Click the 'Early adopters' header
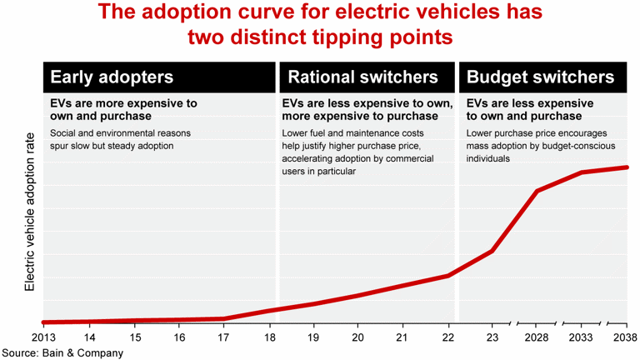pos(112,77)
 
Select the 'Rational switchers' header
pos(362,77)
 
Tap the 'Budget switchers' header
pos(541,77)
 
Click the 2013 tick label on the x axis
pos(43,337)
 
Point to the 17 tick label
pos(224,337)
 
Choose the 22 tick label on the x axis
pos(449,337)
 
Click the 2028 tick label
pos(537,337)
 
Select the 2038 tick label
pos(623,337)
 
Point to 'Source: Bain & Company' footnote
pos(62,352)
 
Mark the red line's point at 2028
pos(537,191)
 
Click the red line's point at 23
pos(493,251)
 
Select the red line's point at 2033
pos(582,172)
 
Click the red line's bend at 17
pos(224,318)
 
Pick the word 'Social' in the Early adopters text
pos(66,133)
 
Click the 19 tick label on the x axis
pos(314,337)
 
